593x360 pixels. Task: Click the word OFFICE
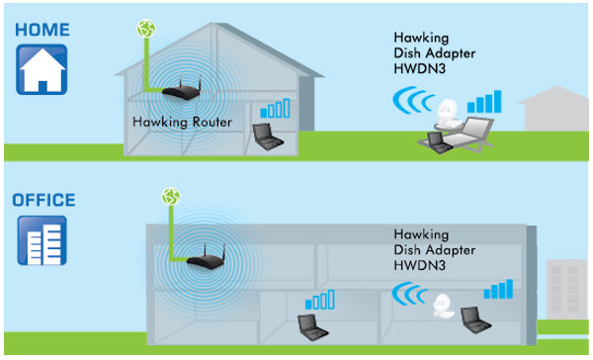click(x=43, y=200)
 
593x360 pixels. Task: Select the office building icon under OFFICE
click(x=42, y=241)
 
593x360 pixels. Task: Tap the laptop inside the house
click(x=267, y=135)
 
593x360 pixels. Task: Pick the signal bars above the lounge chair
click(x=484, y=101)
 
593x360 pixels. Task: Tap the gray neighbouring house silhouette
click(x=557, y=110)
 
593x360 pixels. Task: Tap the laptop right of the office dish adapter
click(x=477, y=319)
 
